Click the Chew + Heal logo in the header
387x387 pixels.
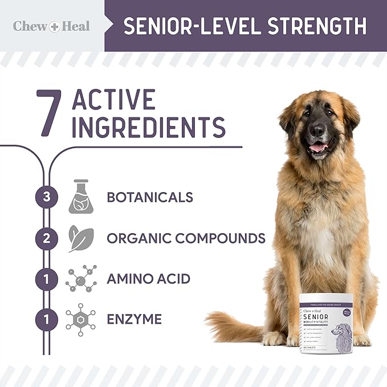(51, 26)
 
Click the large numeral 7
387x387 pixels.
(49, 112)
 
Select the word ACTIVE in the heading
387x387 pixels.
(114, 100)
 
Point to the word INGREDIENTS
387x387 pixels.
(149, 127)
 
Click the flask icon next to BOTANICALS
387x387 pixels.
(80, 197)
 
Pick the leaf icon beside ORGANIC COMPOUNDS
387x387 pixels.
(80, 238)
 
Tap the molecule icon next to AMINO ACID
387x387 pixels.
(80, 279)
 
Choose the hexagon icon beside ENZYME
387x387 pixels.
(80, 319)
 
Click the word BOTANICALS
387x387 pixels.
(150, 197)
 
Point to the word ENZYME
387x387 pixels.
(134, 319)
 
